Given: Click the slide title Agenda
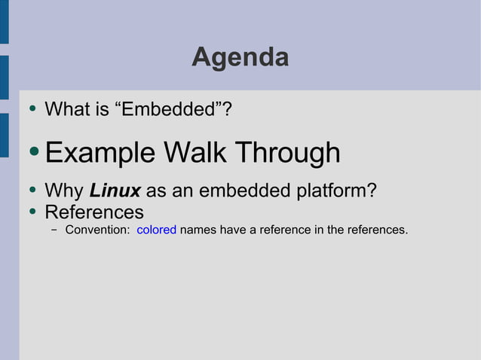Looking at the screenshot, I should click(x=240, y=57).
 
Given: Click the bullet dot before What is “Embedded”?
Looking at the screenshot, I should click(x=32, y=109).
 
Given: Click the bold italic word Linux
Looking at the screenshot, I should click(x=115, y=191).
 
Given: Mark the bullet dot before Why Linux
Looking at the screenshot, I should click(x=32, y=191).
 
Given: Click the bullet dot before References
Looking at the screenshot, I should click(x=32, y=211).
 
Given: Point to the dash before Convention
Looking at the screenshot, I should click(x=55, y=230).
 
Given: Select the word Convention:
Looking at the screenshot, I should click(x=97, y=230).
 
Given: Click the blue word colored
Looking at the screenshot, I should click(x=156, y=230).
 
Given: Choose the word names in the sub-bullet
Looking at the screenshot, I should click(x=198, y=230).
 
